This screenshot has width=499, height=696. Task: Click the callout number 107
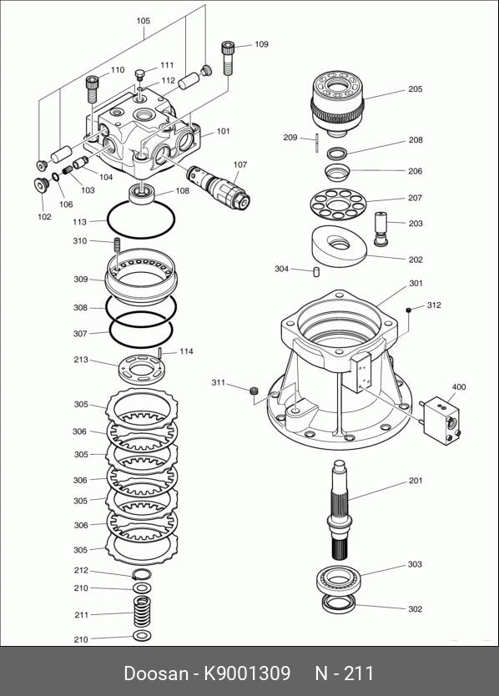click(x=240, y=164)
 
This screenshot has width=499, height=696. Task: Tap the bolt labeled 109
click(x=227, y=58)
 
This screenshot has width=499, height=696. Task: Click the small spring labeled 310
click(x=117, y=245)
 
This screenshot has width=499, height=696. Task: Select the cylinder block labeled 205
click(x=338, y=103)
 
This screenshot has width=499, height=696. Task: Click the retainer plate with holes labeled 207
click(x=338, y=204)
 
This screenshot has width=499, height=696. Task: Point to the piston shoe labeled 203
click(x=381, y=228)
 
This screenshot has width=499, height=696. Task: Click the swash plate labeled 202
click(x=340, y=246)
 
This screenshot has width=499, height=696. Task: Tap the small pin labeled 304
click(x=316, y=271)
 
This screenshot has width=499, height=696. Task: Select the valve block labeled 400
click(x=441, y=421)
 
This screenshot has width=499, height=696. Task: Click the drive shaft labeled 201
click(x=340, y=509)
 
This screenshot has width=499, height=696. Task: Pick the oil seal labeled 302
click(x=338, y=604)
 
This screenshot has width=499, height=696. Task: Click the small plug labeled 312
click(x=408, y=310)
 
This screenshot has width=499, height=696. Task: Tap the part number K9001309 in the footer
click(x=247, y=673)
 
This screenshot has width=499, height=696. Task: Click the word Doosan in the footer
click(x=156, y=673)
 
